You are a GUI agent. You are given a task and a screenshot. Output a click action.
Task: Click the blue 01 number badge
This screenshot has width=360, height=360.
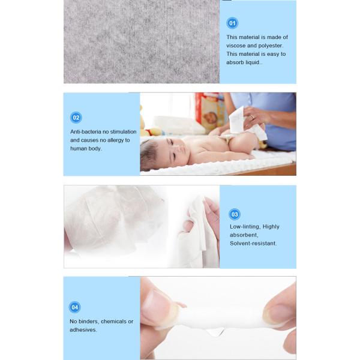(x=232, y=23)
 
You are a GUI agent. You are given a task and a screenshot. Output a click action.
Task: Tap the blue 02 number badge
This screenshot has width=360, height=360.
(x=76, y=118)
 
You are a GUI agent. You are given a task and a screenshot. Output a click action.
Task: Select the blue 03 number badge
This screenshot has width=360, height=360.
(x=235, y=214)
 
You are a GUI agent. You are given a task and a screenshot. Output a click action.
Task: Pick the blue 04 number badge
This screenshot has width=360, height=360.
(x=74, y=307)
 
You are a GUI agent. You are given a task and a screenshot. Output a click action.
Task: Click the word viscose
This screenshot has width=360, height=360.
(x=236, y=46)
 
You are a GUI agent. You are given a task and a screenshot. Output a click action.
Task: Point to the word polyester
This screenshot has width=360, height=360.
(x=271, y=46)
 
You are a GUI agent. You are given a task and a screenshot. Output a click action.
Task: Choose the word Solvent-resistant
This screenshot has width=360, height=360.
(x=253, y=244)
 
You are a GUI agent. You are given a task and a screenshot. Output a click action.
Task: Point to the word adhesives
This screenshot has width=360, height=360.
(x=83, y=330)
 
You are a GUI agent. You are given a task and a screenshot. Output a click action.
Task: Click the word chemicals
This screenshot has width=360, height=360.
(x=113, y=322)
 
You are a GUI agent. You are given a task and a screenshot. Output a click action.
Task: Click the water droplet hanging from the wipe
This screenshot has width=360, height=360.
(x=215, y=332)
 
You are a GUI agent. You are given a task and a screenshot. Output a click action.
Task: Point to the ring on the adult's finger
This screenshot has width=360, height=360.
(x=253, y=117)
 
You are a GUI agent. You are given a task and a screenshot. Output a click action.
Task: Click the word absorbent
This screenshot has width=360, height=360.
(x=244, y=235)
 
